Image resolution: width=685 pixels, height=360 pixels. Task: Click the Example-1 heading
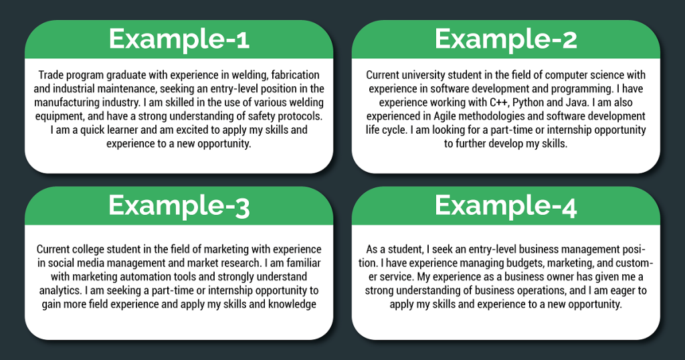[179, 39]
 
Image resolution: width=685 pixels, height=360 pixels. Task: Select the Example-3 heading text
[179, 206]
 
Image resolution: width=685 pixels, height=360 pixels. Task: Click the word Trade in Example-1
[50, 75]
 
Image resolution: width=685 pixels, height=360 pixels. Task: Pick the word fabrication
[295, 75]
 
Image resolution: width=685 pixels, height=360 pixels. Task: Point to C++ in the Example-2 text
[500, 102]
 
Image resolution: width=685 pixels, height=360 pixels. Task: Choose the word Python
[528, 102]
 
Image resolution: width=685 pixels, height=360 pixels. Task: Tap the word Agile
[445, 116]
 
